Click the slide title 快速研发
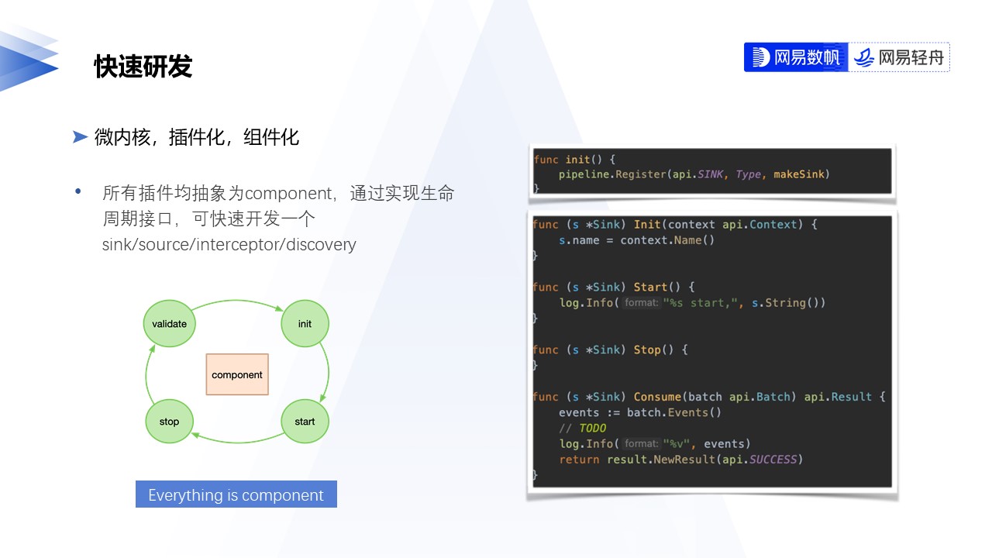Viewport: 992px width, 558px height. coord(143,67)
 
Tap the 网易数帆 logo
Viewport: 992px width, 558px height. coord(796,57)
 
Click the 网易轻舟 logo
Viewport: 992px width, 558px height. coord(900,57)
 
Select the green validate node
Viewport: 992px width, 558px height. coord(169,323)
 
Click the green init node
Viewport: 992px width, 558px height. coord(305,323)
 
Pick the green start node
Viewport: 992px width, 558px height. coord(305,422)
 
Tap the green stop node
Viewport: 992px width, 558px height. coord(169,422)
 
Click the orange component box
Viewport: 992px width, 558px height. coord(237,374)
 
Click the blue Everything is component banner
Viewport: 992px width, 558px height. coord(236,494)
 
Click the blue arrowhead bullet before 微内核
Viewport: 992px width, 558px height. coord(80,137)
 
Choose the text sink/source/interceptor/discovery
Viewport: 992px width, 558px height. coord(229,245)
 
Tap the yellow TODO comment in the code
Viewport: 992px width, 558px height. coord(592,428)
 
